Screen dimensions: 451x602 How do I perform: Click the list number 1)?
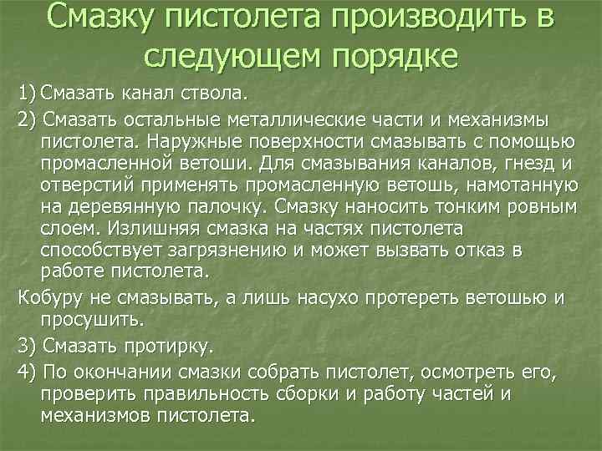coord(26,89)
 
